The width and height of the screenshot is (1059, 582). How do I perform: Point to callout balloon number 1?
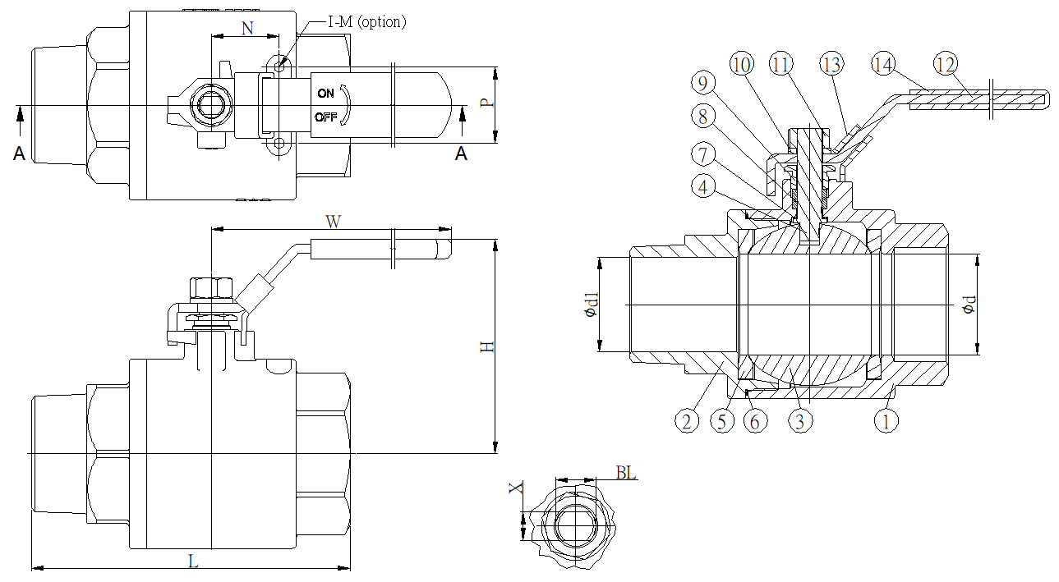[x=886, y=421]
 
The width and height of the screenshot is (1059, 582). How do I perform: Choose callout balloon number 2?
[x=688, y=421]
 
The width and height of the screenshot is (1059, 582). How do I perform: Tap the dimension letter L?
[x=193, y=561]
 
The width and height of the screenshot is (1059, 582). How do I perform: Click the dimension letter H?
[x=487, y=346]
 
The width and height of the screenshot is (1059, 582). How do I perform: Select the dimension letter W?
[x=333, y=222]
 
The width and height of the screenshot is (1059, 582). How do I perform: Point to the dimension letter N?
[x=247, y=27]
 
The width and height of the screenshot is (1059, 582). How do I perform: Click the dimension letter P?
[x=486, y=103]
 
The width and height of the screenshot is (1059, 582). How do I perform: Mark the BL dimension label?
[x=626, y=473]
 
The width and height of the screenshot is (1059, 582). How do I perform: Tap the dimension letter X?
[x=515, y=488]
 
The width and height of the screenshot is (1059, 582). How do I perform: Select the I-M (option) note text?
[x=366, y=22]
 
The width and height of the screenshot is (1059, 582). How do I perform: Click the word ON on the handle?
[x=326, y=93]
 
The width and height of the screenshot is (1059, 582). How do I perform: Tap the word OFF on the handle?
[x=327, y=117]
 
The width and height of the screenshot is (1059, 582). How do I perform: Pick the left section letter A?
[x=19, y=153]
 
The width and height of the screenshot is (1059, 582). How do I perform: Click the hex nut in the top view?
[x=211, y=106]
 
